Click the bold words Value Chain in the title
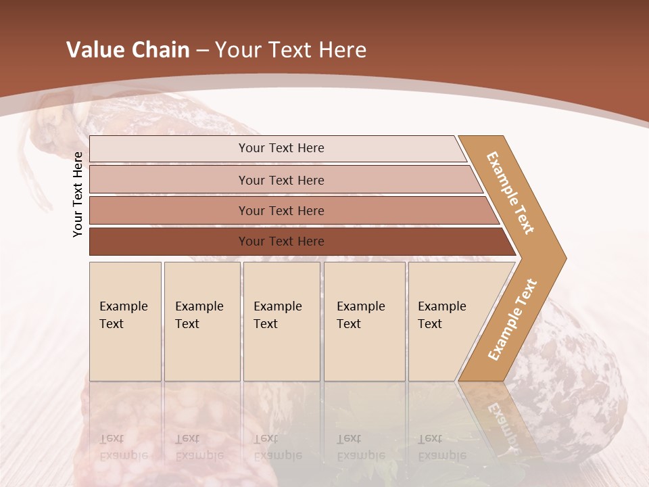tap(128, 49)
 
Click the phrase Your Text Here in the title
tap(291, 49)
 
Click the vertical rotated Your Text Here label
tap(78, 194)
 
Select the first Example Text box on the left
tap(125, 321)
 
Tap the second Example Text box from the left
tap(201, 321)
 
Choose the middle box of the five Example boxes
tap(281, 321)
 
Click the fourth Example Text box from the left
tap(364, 321)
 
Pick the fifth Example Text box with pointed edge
tap(450, 321)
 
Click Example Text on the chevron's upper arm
tap(510, 193)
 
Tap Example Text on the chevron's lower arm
tap(512, 319)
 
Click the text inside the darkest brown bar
tap(281, 241)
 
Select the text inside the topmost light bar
tap(281, 148)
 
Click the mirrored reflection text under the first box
tap(123, 447)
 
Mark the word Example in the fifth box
tap(441, 306)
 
